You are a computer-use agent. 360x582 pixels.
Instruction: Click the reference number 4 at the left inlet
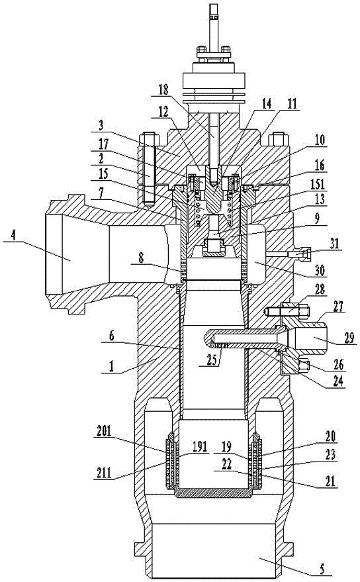click(14, 236)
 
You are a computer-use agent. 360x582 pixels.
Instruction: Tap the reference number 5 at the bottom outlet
click(322, 568)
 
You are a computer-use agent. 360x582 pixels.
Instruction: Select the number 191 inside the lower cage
click(199, 447)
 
